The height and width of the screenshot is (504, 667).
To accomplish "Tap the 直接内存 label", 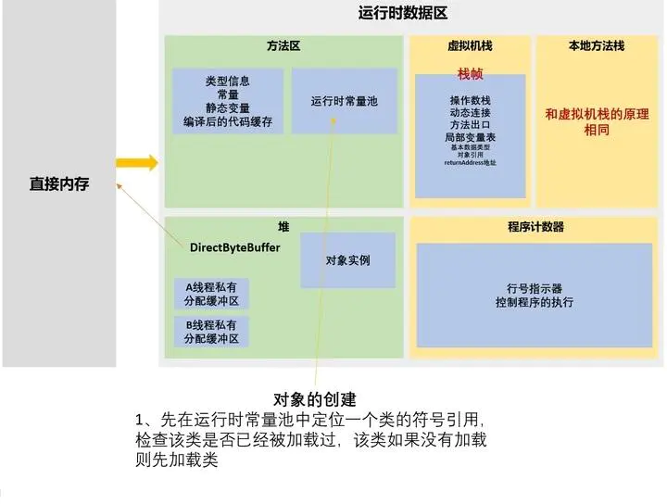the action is click(58, 184).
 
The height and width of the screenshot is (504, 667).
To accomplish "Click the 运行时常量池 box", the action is click(344, 101).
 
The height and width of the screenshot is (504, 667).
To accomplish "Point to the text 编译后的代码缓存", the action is click(228, 121).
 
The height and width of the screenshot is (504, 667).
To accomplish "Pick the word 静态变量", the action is click(228, 108).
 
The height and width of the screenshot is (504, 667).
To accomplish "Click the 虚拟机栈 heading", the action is click(470, 45).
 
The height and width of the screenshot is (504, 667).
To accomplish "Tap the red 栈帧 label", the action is click(470, 73).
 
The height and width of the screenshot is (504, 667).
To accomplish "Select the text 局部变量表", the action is click(470, 136).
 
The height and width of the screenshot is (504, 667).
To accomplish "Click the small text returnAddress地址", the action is click(470, 163).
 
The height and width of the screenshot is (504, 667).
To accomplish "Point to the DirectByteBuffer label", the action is click(234, 247).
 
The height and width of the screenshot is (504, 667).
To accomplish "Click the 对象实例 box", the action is click(347, 260).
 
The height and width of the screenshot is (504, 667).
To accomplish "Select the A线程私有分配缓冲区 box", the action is click(211, 294).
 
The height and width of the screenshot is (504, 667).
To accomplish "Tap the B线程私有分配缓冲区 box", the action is click(211, 332).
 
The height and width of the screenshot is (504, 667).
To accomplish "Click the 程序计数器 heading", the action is click(535, 226).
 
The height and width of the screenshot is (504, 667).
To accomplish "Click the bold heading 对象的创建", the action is click(316, 400).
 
